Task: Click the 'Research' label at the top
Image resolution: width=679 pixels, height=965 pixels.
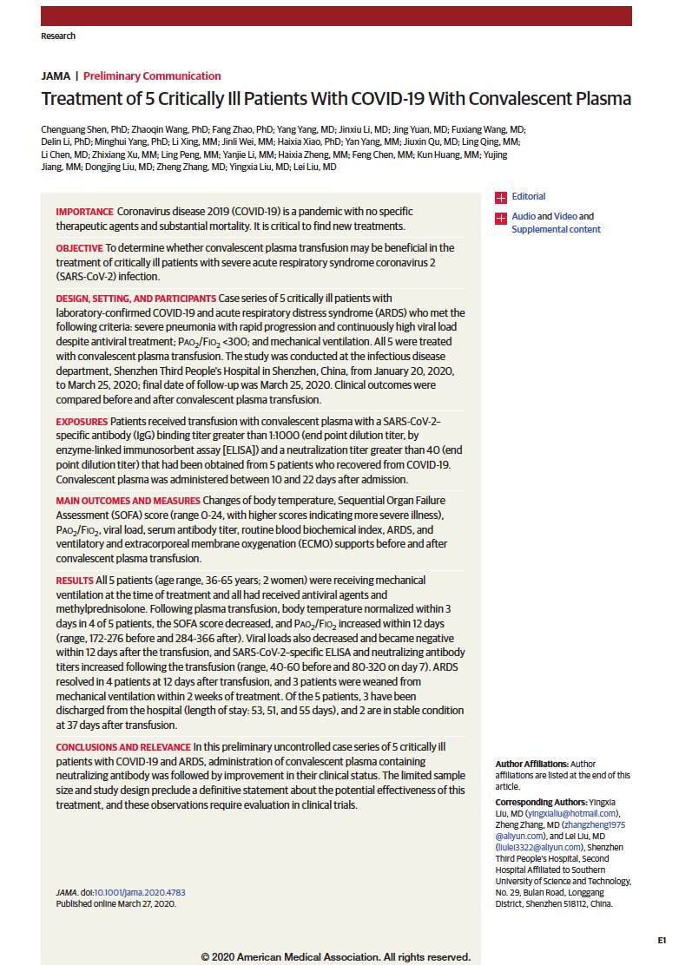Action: tap(58, 36)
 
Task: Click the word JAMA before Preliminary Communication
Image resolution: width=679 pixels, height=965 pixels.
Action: tap(56, 76)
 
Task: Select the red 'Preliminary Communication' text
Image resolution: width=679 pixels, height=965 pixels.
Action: tap(152, 76)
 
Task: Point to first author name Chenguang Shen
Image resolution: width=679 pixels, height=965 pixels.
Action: tap(80, 129)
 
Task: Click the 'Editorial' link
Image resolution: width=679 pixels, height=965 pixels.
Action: tap(528, 197)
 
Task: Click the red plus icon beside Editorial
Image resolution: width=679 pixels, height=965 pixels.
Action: tap(500, 198)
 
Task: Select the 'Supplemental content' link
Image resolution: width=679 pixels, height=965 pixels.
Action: tap(556, 229)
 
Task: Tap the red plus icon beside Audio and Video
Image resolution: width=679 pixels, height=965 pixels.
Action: tap(500, 217)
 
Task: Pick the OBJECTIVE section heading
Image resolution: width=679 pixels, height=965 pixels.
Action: tap(80, 248)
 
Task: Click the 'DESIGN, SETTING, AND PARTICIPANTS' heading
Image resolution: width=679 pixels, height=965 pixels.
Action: tap(135, 299)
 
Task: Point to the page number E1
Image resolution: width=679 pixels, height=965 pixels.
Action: tap(661, 940)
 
